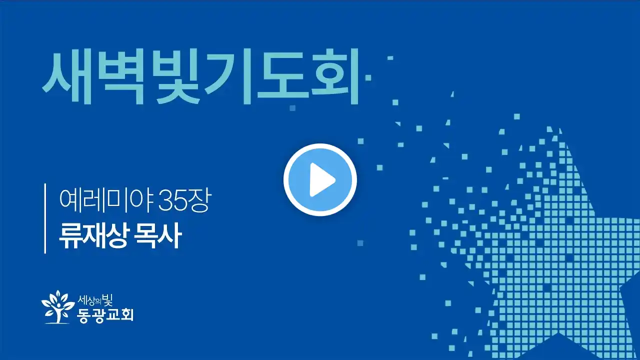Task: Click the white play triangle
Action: coord(321,180)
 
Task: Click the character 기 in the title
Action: coord(228,76)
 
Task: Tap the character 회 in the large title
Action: coord(335,76)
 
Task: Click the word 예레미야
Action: coord(107,200)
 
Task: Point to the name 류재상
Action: coord(92,235)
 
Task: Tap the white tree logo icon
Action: coord(57,307)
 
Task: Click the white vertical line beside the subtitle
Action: coord(45,218)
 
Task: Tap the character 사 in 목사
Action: coord(170,235)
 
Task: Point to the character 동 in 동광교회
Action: coord(83,315)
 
